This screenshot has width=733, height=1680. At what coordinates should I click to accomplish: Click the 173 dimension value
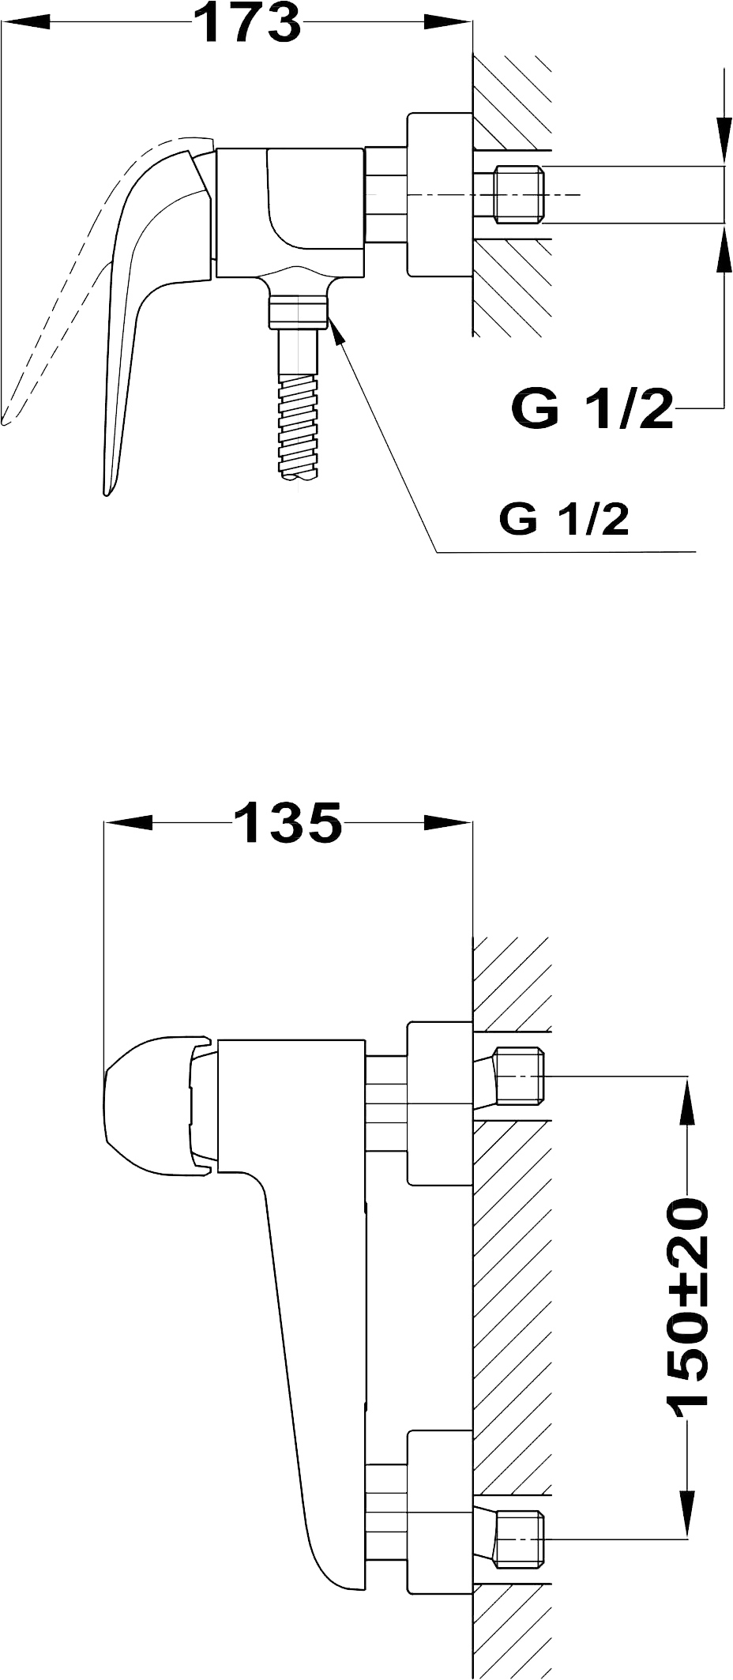(247, 23)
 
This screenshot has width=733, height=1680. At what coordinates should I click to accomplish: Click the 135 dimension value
(288, 822)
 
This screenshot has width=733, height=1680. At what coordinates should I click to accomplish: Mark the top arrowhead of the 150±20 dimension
(686, 1100)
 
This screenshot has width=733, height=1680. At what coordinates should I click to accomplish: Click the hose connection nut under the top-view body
(299, 311)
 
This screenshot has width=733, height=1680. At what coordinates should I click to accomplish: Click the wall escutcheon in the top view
(439, 195)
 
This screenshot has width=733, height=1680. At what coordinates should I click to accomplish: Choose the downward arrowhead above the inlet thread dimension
(724, 142)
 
